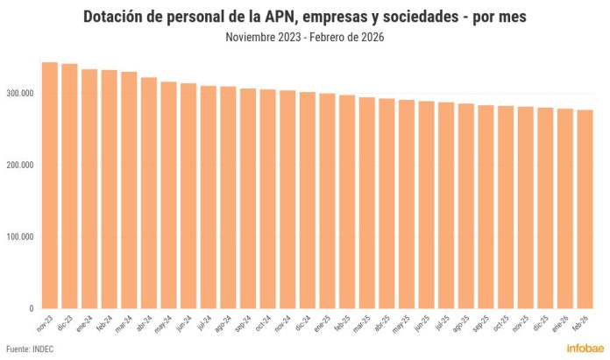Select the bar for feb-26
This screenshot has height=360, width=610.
[585, 209]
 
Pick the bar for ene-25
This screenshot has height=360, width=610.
[327, 201]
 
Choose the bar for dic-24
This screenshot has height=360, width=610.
[308, 201]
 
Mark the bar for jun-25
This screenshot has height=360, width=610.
[427, 205]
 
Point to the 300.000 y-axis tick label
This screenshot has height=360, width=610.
[18, 93]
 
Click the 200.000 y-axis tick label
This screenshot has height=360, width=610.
[18, 165]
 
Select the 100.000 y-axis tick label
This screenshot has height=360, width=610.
[18, 236]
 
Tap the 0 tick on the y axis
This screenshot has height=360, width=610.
[30, 308]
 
